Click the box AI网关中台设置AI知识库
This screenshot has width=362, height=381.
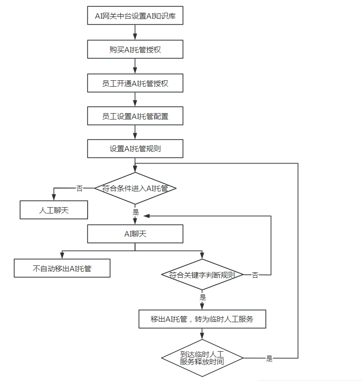pyautogui.click(x=135, y=16)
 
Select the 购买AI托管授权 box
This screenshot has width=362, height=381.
pyautogui.click(x=135, y=50)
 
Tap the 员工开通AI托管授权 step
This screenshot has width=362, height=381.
pyautogui.click(x=135, y=83)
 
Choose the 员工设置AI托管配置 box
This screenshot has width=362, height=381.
pyautogui.click(x=135, y=116)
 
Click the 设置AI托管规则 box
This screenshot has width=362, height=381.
pyautogui.click(x=135, y=149)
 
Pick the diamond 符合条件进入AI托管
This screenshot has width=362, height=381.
pyautogui.click(x=135, y=188)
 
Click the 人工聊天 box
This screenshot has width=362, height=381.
pyautogui.click(x=54, y=210)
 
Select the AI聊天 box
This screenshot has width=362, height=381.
pyautogui.click(x=135, y=234)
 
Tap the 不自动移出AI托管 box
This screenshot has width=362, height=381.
pyautogui.click(x=62, y=268)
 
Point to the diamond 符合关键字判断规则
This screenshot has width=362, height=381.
pyautogui.click(x=203, y=275)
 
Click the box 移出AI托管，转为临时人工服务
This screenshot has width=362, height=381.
pyautogui.click(x=202, y=319)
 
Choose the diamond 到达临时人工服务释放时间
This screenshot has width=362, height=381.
pyautogui.click(x=202, y=358)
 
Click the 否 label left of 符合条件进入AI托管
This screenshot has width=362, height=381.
pyautogui.click(x=79, y=188)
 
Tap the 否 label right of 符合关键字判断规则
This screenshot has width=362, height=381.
pyautogui.click(x=255, y=275)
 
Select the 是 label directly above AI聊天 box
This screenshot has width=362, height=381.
pyautogui.click(x=136, y=212)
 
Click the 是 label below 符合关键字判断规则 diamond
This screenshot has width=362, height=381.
pyautogui.click(x=203, y=297)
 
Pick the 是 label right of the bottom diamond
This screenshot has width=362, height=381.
pyautogui.click(x=269, y=358)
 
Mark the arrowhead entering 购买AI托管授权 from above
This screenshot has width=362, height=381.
pyautogui.click(x=135, y=37)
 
